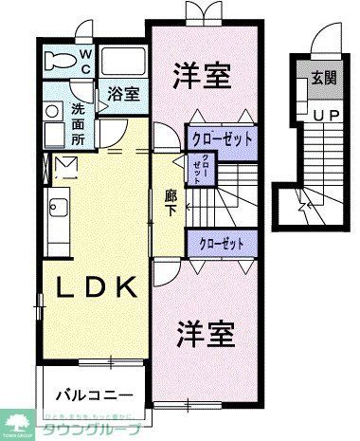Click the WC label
click(85, 62)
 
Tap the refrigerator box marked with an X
click(67, 170)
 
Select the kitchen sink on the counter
click(52, 207)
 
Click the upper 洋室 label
click(202, 76)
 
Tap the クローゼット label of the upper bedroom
click(223, 138)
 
